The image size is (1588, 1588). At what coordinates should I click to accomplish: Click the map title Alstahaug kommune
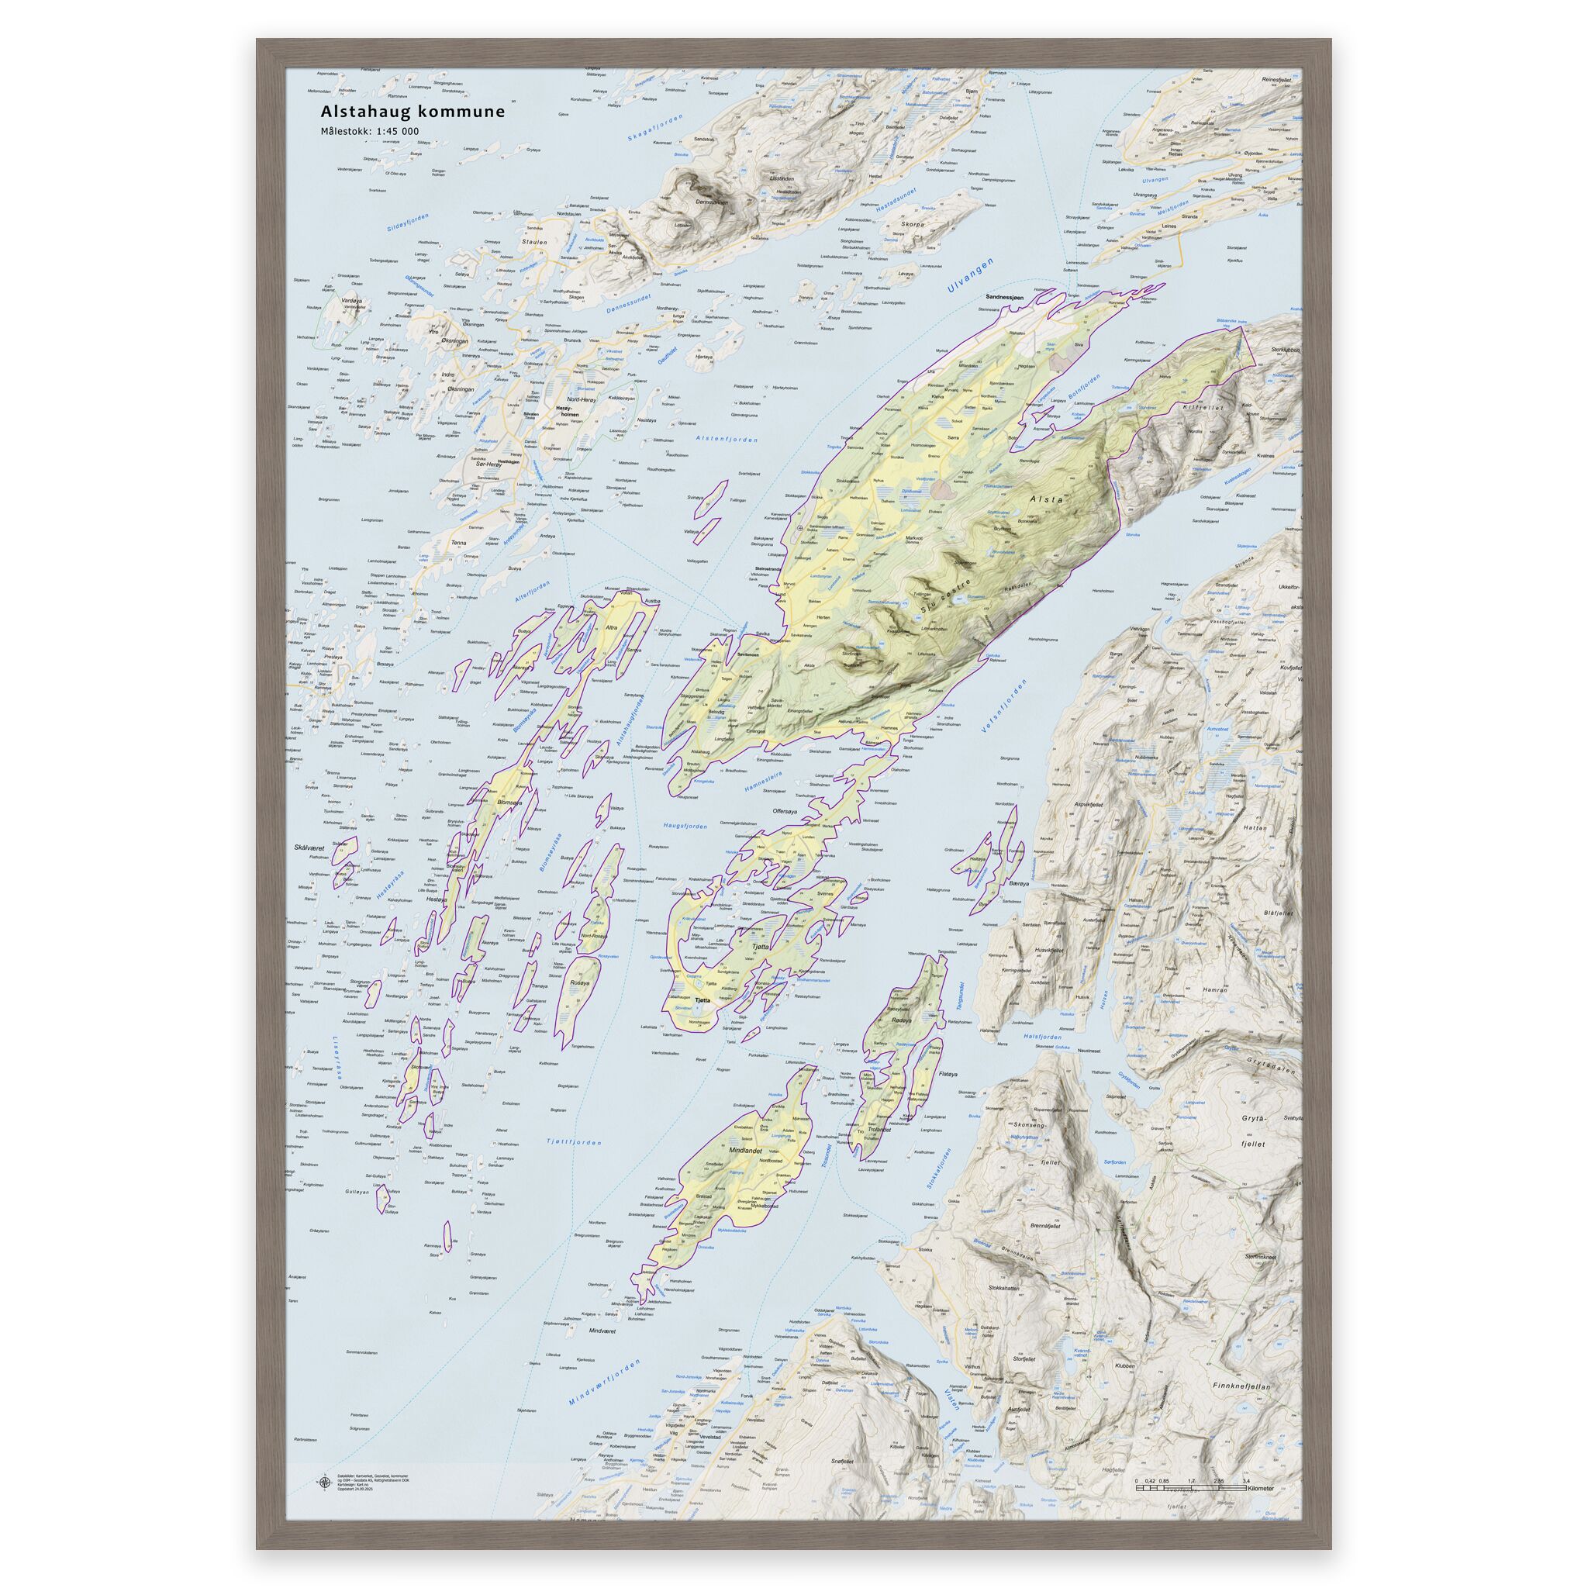point(412,111)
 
